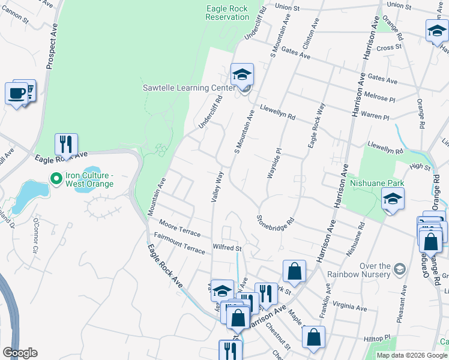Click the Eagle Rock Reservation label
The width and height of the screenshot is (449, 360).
pyautogui.click(x=227, y=13)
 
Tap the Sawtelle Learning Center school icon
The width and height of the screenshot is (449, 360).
pyautogui.click(x=243, y=75)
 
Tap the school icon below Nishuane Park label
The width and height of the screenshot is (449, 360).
pyautogui.click(x=393, y=199)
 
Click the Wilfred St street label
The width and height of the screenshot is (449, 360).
pyautogui.click(x=227, y=247)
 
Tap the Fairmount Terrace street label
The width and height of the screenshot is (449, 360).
pyautogui.click(x=179, y=244)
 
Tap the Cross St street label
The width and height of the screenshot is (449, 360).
pyautogui.click(x=389, y=47)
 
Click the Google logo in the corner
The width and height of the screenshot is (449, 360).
pyautogui.click(x=20, y=352)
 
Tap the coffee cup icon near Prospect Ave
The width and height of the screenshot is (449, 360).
pyautogui.click(x=17, y=94)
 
